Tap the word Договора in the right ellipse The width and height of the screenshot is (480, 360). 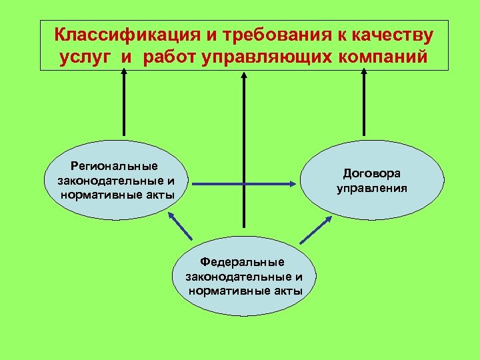(x=372, y=173)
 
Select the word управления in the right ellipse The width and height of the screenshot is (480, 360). (x=372, y=188)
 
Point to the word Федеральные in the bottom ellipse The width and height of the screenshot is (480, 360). (x=243, y=263)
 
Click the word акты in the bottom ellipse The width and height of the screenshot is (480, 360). (x=287, y=291)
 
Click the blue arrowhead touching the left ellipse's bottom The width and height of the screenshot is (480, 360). (x=171, y=215)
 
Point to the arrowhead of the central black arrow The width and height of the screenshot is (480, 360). (x=244, y=75)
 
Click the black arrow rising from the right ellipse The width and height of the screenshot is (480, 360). (x=364, y=107)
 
